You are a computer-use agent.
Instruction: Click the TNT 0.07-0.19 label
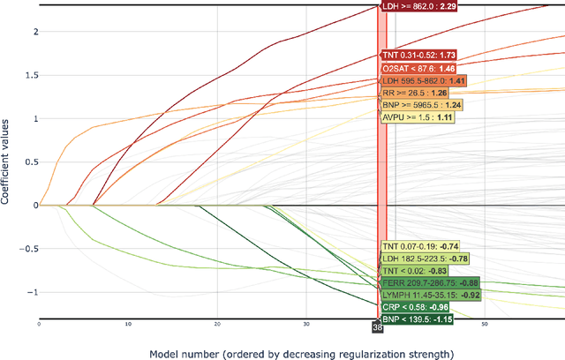coord(419,246)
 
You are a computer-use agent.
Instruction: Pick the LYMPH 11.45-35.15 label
coord(430,295)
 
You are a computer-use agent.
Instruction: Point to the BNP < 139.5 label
coord(416,319)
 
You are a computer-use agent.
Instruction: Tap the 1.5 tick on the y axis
coord(31,75)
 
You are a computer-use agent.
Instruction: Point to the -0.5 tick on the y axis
coord(28,248)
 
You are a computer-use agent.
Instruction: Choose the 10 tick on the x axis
coord(128,325)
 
